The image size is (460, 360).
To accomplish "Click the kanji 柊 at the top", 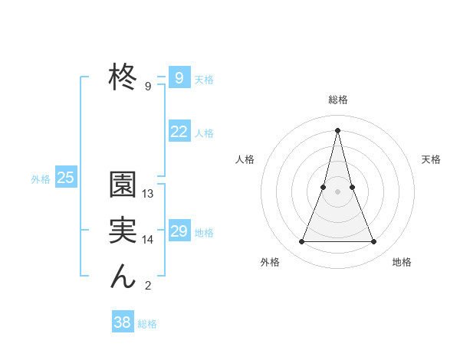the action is [x=123, y=77].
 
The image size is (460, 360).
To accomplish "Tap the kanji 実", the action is [x=123, y=231].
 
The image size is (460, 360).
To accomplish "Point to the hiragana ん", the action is [x=123, y=276].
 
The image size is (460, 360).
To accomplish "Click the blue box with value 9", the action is [x=179, y=78].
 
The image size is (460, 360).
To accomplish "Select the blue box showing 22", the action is [x=179, y=132].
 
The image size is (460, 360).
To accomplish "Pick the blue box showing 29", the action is [x=179, y=231].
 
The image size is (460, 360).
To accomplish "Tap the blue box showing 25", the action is [x=65, y=178].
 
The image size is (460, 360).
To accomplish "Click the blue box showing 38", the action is [x=122, y=322].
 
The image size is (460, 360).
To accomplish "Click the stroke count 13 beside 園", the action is [x=148, y=194].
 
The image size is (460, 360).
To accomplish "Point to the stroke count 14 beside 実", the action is [x=148, y=240].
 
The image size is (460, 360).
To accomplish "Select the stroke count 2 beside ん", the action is [x=148, y=286].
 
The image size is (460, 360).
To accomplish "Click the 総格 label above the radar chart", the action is [x=337, y=100].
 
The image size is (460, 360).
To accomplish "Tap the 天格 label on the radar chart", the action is [x=431, y=159].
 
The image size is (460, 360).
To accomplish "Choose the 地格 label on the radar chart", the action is [x=402, y=262].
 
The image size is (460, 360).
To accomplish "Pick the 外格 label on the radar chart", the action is [x=270, y=262].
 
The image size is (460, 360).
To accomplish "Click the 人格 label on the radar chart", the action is [x=245, y=159].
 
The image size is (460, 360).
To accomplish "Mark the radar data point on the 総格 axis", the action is [x=337, y=129].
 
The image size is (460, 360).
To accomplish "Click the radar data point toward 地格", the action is [x=373, y=242].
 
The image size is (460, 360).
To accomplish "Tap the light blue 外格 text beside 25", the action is [x=41, y=179].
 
